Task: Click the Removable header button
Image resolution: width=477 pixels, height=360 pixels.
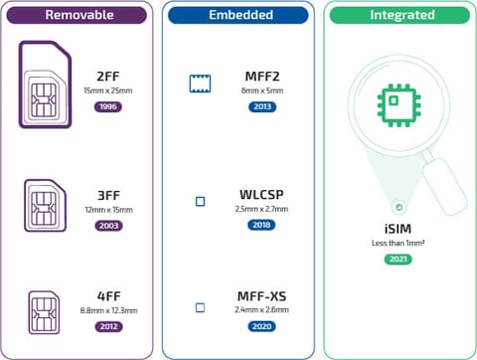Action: coord(79,16)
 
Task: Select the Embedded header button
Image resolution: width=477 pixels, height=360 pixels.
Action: coord(239,16)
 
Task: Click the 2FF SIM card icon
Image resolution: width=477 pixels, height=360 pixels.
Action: coord(45,86)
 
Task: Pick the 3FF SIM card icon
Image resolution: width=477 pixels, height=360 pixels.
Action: coord(46,205)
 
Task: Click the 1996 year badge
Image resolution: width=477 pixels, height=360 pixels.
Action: coord(109,106)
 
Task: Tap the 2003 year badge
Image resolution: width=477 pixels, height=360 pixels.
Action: coord(109,226)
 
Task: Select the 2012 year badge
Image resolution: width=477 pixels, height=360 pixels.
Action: coord(109,326)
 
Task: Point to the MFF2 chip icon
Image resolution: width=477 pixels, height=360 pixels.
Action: coord(201,85)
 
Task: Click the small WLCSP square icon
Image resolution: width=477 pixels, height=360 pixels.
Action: coord(200,201)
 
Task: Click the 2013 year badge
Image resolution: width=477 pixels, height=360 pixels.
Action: coord(263,106)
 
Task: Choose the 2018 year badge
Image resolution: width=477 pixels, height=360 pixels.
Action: coord(263,226)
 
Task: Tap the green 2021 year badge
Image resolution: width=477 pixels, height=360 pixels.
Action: coord(397,260)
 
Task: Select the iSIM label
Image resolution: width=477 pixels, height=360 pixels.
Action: coord(397,228)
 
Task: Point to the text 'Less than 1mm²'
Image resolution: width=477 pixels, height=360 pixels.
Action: coord(397,243)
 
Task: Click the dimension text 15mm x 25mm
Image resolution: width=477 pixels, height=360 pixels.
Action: coord(109,90)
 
